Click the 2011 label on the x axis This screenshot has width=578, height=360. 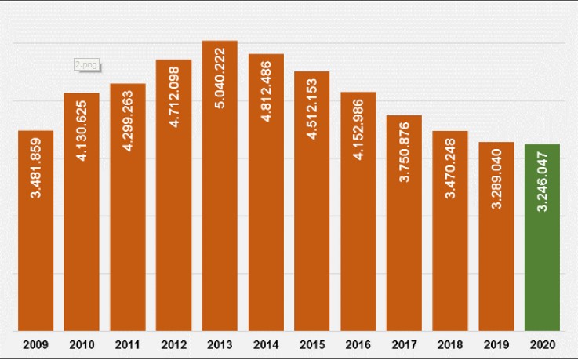pos(127,344)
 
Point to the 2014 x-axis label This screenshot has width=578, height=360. pos(266,344)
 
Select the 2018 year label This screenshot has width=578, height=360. pos(450,344)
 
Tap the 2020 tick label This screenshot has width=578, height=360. pos(542,344)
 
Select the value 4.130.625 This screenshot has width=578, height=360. pos(82,129)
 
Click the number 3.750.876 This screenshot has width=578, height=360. pos(405,152)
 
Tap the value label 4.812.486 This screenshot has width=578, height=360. pos(266,89)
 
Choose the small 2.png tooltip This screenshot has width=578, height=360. pos(86,65)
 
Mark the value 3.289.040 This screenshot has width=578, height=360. pos(496,177)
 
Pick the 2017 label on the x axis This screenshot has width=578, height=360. pos(405,344)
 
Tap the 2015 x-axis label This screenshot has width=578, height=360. pos(311,344)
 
